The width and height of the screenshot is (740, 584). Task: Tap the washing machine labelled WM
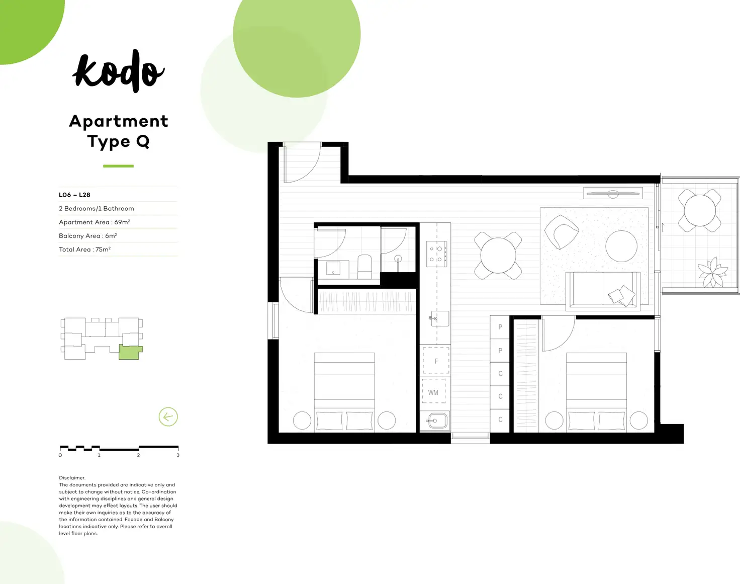click(433, 391)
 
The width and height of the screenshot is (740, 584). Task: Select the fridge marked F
click(435, 360)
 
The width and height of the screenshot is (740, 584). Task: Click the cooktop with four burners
click(436, 254)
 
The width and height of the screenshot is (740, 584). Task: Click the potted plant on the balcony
click(712, 273)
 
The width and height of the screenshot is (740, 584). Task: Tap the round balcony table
click(700, 210)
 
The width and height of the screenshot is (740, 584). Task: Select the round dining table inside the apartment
click(498, 256)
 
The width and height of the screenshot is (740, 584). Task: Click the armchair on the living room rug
click(561, 231)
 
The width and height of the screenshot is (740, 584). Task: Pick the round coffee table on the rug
click(621, 246)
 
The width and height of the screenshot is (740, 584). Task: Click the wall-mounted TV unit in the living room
click(613, 193)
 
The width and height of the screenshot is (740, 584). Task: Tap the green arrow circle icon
click(168, 416)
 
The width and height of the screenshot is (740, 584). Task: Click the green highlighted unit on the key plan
click(129, 352)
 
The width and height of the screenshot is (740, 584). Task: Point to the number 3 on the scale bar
click(177, 455)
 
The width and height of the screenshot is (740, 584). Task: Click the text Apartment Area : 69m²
click(95, 222)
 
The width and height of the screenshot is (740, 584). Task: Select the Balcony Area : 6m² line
click(88, 235)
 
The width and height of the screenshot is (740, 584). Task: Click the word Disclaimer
click(72, 478)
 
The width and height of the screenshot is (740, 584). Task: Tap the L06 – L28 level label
click(74, 195)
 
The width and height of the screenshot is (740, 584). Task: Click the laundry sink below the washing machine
click(435, 421)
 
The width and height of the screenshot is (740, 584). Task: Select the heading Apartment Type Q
click(119, 131)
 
